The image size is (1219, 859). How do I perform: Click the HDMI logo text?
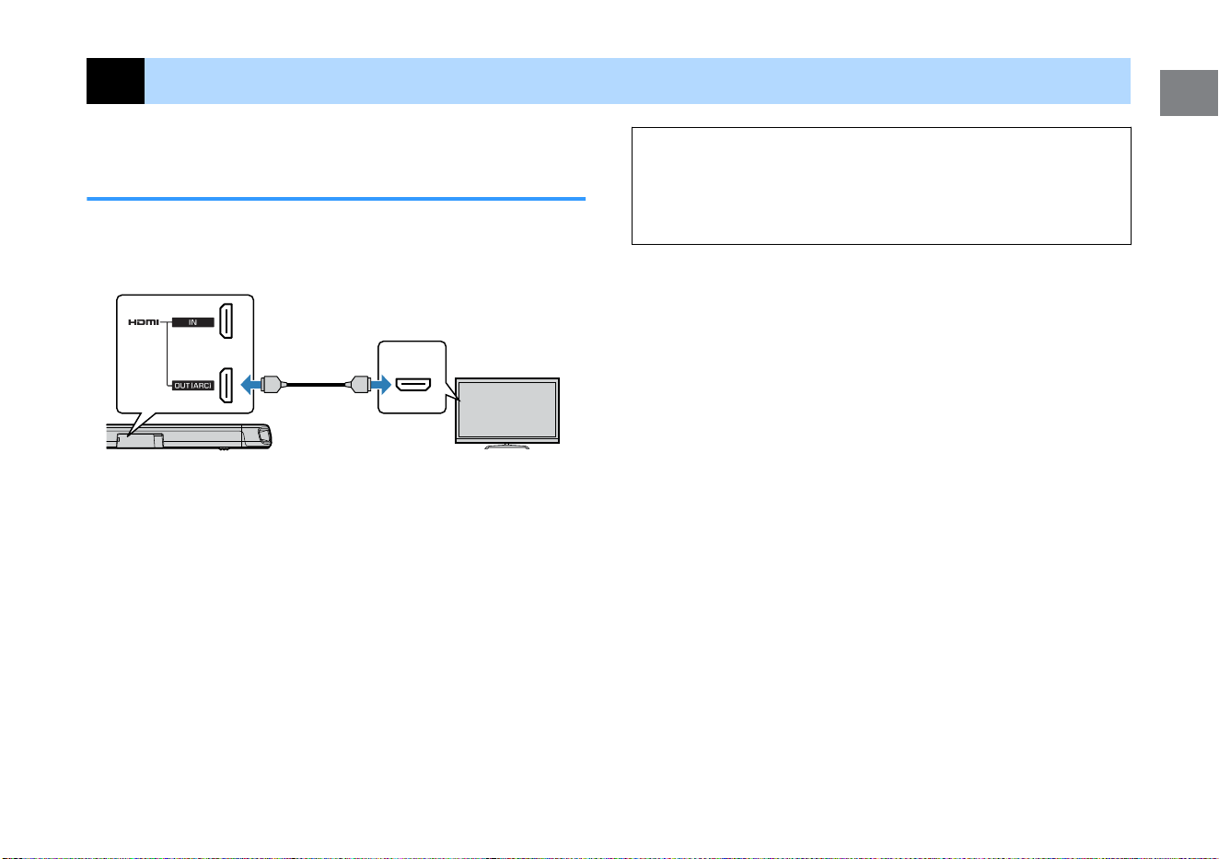point(144,322)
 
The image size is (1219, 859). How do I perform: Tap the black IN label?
point(193,322)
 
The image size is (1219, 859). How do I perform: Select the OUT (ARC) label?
point(193,386)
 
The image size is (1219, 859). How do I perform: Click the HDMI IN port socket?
point(226,321)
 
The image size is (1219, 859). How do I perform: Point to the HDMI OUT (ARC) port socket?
point(226,386)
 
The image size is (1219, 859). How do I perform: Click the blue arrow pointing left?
point(250,384)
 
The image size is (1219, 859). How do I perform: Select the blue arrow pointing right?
point(381,384)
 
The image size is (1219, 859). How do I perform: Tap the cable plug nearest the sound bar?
point(273,384)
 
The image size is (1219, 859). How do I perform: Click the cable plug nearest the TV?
point(359,384)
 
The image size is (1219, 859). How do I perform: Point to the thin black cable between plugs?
point(316,385)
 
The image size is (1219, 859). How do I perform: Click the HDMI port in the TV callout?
point(413,385)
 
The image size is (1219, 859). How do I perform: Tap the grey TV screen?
point(507,410)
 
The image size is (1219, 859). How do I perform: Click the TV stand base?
point(506,447)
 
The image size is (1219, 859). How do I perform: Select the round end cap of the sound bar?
point(264,435)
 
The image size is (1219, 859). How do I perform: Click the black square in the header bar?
point(115,81)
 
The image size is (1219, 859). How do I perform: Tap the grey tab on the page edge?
point(1189,93)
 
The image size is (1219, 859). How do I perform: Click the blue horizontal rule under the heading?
point(336,199)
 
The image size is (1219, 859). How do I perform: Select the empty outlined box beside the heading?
point(882,128)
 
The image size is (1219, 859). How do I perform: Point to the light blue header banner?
point(637,81)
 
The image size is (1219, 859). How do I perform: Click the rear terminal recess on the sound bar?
point(140,440)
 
